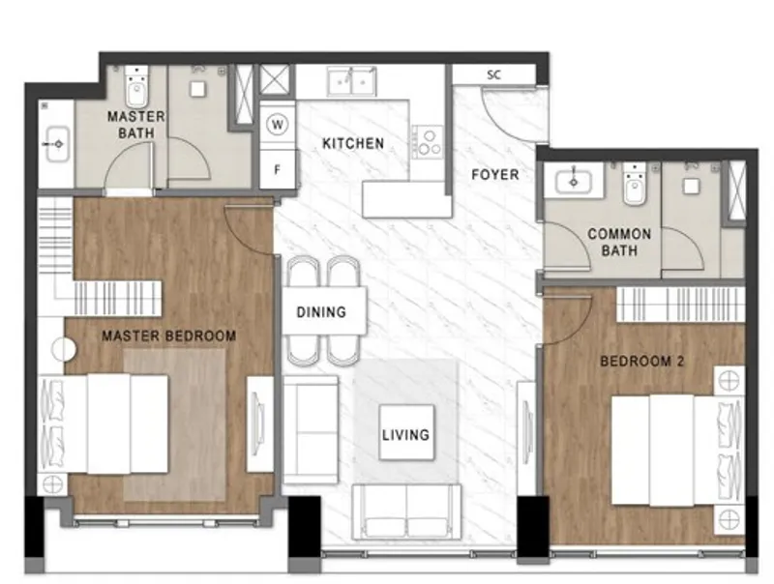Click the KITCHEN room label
click(353, 143)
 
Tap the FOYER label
click(495, 175)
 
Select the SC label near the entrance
click(494, 75)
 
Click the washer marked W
click(278, 125)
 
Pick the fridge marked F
click(278, 169)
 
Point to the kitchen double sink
click(351, 81)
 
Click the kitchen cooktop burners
click(428, 141)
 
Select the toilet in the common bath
click(635, 184)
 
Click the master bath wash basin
click(58, 144)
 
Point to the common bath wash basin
click(574, 181)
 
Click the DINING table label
click(321, 312)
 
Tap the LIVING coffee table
click(406, 432)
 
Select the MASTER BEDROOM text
click(168, 336)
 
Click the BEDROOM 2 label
click(642, 362)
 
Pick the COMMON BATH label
click(619, 242)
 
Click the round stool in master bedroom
click(64, 349)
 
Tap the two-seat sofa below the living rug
click(406, 512)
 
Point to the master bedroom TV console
click(259, 424)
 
